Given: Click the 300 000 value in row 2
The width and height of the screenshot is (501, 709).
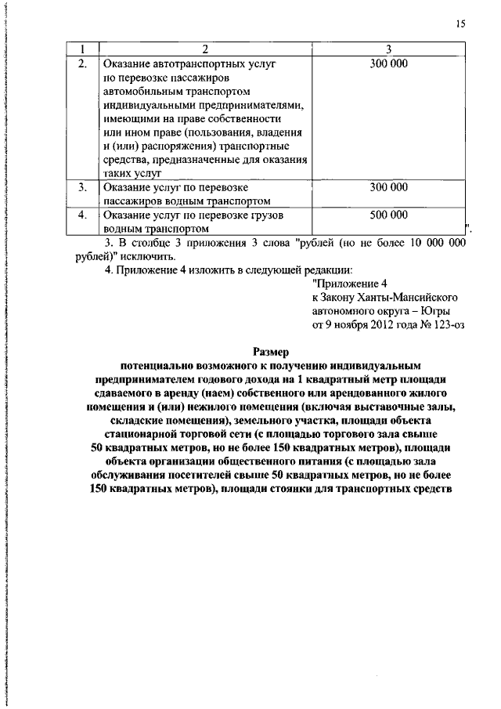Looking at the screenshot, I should pos(388,62).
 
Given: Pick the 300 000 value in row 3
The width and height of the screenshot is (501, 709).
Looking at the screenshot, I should pos(388,188).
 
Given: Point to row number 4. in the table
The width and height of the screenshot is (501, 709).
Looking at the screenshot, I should pos(82,215).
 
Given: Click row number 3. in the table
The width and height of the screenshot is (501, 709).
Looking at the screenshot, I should pos(82,188).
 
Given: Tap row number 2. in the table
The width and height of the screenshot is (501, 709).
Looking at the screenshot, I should pos(82,62).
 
